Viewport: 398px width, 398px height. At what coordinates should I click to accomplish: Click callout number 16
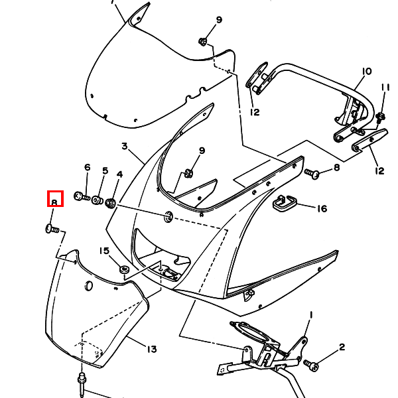[322, 209]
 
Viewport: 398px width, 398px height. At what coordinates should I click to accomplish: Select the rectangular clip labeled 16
[285, 203]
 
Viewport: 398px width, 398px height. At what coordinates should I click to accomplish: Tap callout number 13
[152, 350]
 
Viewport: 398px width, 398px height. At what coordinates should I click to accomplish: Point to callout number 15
[104, 251]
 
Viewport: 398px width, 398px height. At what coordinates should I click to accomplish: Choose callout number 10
[367, 72]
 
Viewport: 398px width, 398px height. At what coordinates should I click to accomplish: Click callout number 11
[385, 88]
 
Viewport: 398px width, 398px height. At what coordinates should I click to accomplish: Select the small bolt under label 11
[381, 117]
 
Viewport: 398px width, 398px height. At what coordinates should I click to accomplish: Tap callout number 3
[125, 146]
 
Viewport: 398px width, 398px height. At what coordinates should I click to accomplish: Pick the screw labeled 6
[82, 196]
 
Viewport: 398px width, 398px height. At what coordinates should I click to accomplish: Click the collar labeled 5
[98, 200]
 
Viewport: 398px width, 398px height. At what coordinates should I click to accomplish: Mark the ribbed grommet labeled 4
[111, 203]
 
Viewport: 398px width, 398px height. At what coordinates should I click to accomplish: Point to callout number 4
[119, 174]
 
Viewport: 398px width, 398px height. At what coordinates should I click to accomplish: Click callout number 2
[342, 347]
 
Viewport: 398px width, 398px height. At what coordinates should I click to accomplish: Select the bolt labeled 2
[311, 365]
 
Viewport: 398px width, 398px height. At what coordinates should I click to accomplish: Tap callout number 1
[311, 315]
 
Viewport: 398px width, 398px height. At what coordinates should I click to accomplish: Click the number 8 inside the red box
[54, 202]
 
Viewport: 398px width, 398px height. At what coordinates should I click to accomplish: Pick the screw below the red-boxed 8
[52, 229]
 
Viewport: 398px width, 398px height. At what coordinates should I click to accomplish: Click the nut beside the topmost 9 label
[202, 42]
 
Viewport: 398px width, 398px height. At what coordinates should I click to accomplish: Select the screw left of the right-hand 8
[312, 174]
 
